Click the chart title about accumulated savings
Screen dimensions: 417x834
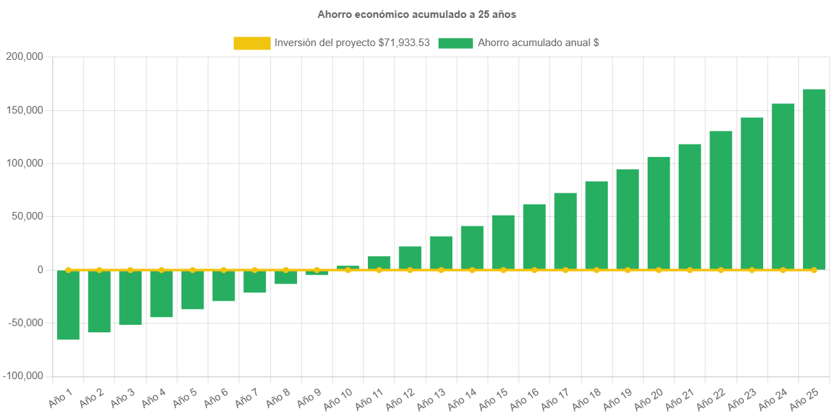pos(417,14)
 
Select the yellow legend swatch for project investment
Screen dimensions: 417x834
pos(252,43)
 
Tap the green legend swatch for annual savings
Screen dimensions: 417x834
pos(455,43)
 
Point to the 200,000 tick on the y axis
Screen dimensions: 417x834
pos(24,56)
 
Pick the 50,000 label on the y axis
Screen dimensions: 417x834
pos(27,216)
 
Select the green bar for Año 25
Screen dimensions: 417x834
pos(814,179)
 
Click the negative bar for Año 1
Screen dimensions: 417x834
pos(68,305)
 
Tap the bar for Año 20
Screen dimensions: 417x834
pos(659,213)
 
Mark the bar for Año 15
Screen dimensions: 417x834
pos(503,242)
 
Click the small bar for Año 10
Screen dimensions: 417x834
pos(348,267)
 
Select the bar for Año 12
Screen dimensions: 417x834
pos(410,258)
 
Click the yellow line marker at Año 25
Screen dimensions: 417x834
pos(814,270)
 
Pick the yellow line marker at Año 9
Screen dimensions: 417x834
pos(317,270)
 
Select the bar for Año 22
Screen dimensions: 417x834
pos(721,200)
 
